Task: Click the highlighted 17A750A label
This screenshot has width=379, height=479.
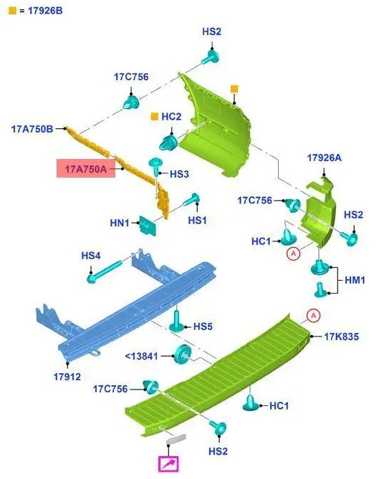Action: (86, 168)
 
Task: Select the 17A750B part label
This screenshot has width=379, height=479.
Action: (32, 129)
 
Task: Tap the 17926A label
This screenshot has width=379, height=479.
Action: (325, 158)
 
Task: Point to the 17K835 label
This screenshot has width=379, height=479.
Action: (342, 337)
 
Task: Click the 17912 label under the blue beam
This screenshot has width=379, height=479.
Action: (67, 377)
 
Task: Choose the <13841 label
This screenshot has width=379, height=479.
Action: (142, 356)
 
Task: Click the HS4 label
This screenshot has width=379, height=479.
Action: (91, 256)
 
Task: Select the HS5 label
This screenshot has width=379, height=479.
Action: (203, 326)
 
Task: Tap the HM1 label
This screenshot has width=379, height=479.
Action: (355, 280)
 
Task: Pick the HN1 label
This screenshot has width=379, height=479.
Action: (120, 223)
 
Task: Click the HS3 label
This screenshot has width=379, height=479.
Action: (179, 174)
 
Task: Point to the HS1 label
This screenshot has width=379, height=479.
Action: (197, 220)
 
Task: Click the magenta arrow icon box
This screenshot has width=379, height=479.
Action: (168, 464)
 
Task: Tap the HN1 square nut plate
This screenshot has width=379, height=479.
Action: (148, 226)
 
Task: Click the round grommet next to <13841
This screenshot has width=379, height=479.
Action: (183, 354)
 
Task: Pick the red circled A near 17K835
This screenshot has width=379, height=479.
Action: (313, 316)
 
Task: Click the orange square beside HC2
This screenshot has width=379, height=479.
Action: (154, 117)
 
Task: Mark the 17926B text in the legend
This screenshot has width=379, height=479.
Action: (45, 11)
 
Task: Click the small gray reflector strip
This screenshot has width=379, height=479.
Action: (176, 439)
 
